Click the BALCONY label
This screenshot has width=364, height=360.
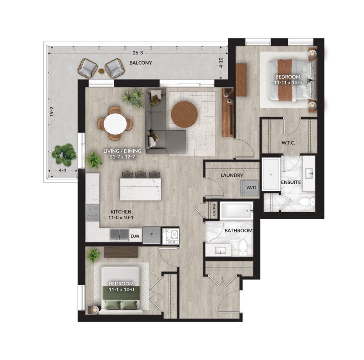(x=141, y=63)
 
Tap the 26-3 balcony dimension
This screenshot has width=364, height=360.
(x=138, y=53)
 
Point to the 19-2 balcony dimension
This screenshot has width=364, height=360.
(x=52, y=112)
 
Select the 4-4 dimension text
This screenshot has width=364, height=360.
(x=62, y=171)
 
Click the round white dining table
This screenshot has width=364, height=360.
(x=115, y=124)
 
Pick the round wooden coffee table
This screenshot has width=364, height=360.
(x=184, y=114)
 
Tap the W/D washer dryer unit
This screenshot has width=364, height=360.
(x=249, y=188)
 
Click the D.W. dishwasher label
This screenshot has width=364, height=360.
(x=135, y=236)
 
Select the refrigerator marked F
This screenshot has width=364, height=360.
(x=151, y=235)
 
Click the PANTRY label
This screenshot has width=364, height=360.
(x=214, y=210)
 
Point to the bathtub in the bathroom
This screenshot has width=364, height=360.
(x=236, y=211)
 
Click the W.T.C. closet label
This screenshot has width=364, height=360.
(x=288, y=143)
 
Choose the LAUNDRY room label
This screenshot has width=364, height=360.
(x=232, y=175)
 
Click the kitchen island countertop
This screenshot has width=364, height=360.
(x=140, y=189)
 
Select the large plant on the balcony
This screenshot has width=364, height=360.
(x=64, y=154)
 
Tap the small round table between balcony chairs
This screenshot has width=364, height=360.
(x=101, y=71)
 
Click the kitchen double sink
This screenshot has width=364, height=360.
(x=119, y=235)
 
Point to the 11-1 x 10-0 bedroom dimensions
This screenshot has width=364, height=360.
(x=121, y=290)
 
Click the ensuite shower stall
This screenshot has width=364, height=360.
(x=271, y=174)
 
